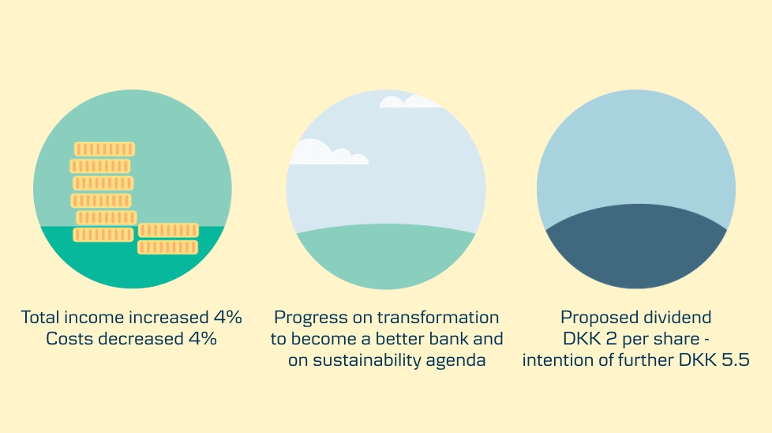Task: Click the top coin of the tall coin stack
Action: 104,149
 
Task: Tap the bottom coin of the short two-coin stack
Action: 167,247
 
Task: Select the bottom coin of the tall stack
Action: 103,235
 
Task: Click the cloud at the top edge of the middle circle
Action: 409,101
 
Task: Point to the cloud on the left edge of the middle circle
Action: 324,153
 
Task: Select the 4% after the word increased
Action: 227,318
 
